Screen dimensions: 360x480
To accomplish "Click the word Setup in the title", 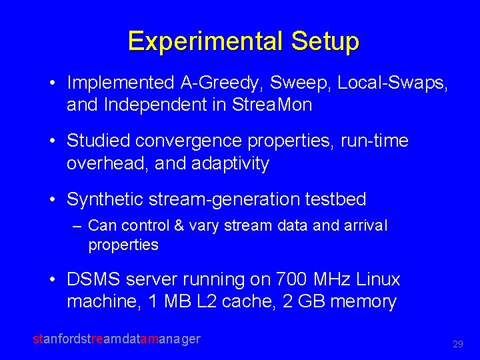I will click(325, 41).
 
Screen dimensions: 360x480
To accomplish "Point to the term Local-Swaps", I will click(393, 83).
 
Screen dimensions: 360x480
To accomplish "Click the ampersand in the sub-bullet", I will click(179, 226).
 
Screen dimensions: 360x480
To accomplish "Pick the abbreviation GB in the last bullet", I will click(311, 301).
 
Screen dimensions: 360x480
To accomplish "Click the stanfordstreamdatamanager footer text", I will click(117, 339).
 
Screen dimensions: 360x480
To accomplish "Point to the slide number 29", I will click(457, 345).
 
